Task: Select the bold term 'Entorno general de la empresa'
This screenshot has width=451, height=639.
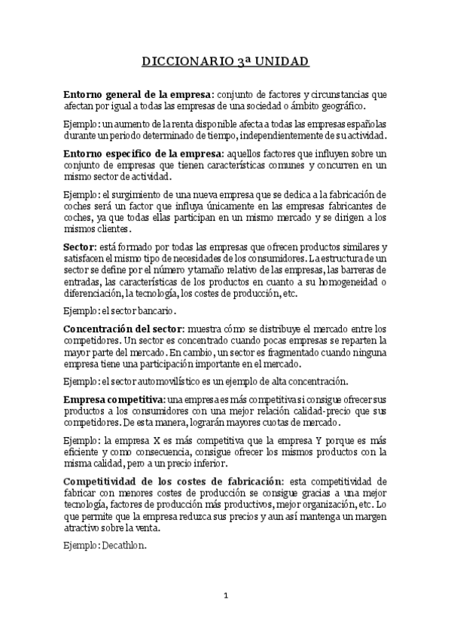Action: [138, 95]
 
